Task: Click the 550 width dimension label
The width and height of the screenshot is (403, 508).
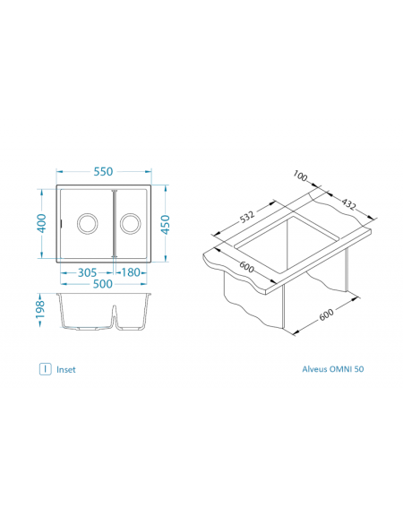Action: click(103, 171)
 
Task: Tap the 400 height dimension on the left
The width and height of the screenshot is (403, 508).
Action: click(42, 223)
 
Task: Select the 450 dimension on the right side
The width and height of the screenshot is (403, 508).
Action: click(165, 225)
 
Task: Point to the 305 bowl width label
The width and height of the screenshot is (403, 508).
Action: click(87, 272)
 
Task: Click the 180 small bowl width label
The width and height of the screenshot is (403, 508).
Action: click(131, 272)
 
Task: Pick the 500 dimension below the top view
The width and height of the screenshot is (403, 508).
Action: click(103, 284)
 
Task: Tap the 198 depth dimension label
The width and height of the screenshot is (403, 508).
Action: click(39, 310)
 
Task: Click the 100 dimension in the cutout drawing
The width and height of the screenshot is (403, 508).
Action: click(300, 176)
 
